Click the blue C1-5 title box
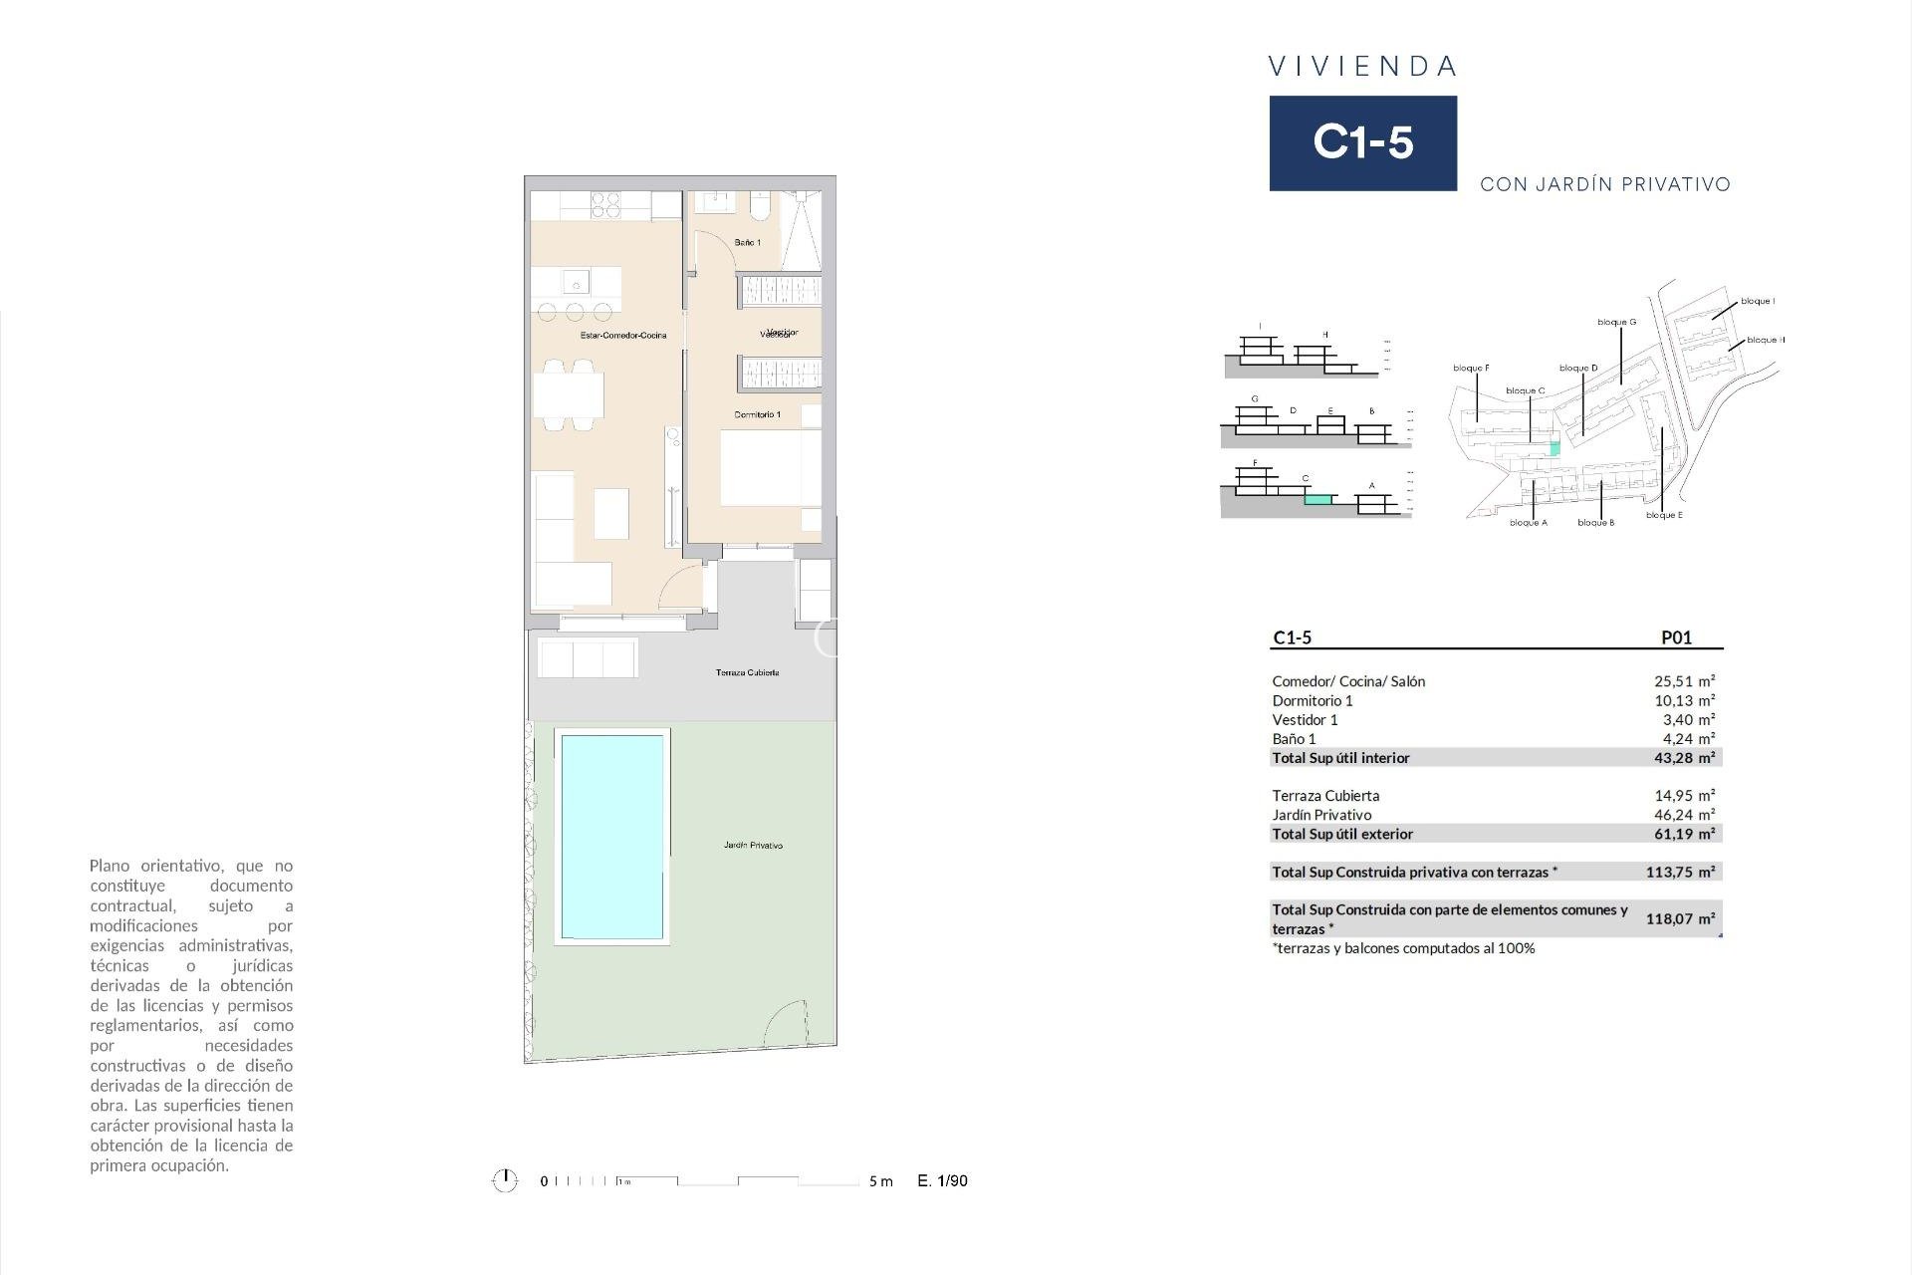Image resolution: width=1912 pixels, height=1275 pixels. [1362, 142]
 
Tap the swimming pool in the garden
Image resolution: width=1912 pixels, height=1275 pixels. [611, 837]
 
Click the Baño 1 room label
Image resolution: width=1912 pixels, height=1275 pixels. [747, 243]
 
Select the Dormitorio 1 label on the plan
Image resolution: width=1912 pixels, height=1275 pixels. [757, 414]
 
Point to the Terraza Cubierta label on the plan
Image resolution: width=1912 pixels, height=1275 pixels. [747, 673]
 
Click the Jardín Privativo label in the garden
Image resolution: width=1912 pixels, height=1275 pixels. [753, 846]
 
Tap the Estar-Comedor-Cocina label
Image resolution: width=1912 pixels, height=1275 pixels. [623, 336]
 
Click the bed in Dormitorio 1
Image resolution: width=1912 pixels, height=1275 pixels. [770, 468]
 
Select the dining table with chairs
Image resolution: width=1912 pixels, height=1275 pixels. [569, 395]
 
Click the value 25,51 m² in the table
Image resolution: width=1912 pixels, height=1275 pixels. [1684, 681]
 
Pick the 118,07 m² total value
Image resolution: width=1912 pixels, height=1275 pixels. [1680, 919]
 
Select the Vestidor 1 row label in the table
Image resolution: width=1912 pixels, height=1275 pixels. [1305, 720]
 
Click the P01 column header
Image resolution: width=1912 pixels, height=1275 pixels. [1676, 638]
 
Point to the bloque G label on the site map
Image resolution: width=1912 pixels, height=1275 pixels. [1616, 322]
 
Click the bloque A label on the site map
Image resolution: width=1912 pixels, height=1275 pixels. [1528, 523]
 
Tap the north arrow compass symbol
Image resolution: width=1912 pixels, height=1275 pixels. [505, 1181]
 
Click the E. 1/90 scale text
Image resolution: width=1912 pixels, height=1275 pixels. [942, 1181]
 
